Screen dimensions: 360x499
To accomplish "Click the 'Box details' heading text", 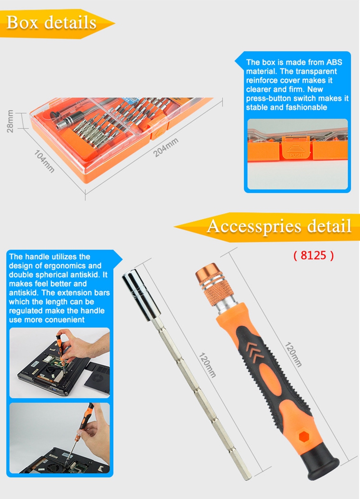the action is [x=51, y=23].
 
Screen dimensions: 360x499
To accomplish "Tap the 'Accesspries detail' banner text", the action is [x=279, y=226].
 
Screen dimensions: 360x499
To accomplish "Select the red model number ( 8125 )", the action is [x=313, y=255].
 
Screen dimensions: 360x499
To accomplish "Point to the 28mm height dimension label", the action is [x=10, y=121].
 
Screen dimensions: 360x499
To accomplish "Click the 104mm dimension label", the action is [x=44, y=161].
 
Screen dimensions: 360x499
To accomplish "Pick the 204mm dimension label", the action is [x=166, y=147].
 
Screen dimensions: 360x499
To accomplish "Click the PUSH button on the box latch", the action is [x=296, y=148].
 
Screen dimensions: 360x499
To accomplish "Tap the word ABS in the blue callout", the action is [x=334, y=62].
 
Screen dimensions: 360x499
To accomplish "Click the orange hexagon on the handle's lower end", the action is [x=305, y=436].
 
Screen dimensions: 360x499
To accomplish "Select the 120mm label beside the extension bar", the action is [x=207, y=365].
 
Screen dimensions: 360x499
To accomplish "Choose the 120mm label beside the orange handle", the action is [x=293, y=355].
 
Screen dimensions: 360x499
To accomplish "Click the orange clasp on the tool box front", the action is [x=158, y=131].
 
